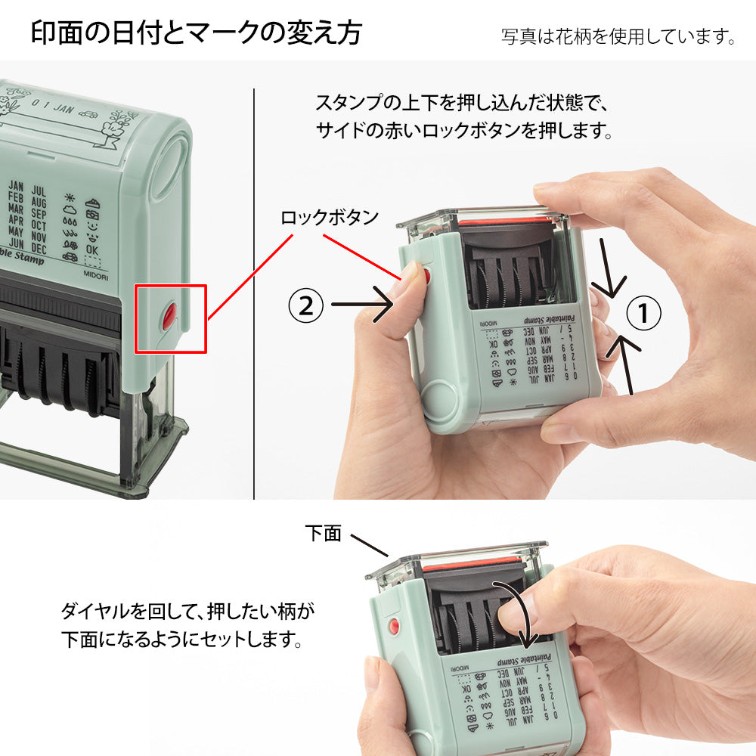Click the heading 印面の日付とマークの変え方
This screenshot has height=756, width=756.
pyautogui.click(x=197, y=33)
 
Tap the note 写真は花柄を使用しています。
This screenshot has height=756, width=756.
pyautogui.click(x=618, y=36)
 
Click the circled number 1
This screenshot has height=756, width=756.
pyautogui.click(x=644, y=313)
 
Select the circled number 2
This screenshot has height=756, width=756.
pyautogui.click(x=305, y=305)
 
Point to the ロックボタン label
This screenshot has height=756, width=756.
pyautogui.click(x=329, y=218)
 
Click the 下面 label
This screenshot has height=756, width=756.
pyautogui.click(x=324, y=533)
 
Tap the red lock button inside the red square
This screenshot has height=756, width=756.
pyautogui.click(x=170, y=317)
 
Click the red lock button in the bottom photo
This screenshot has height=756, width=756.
pyautogui.click(x=392, y=627)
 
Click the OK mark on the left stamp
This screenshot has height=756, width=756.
pyautogui.click(x=92, y=249)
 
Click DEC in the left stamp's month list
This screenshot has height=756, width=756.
pyautogui.click(x=39, y=249)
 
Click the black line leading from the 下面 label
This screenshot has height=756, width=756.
pyautogui.click(x=370, y=545)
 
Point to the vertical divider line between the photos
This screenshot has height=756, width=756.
pyautogui.click(x=254, y=295)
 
